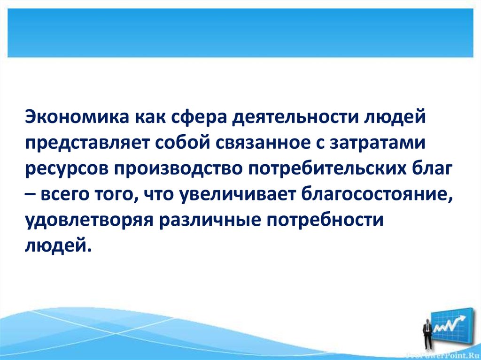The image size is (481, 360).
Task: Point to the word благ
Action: tap(432, 169)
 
